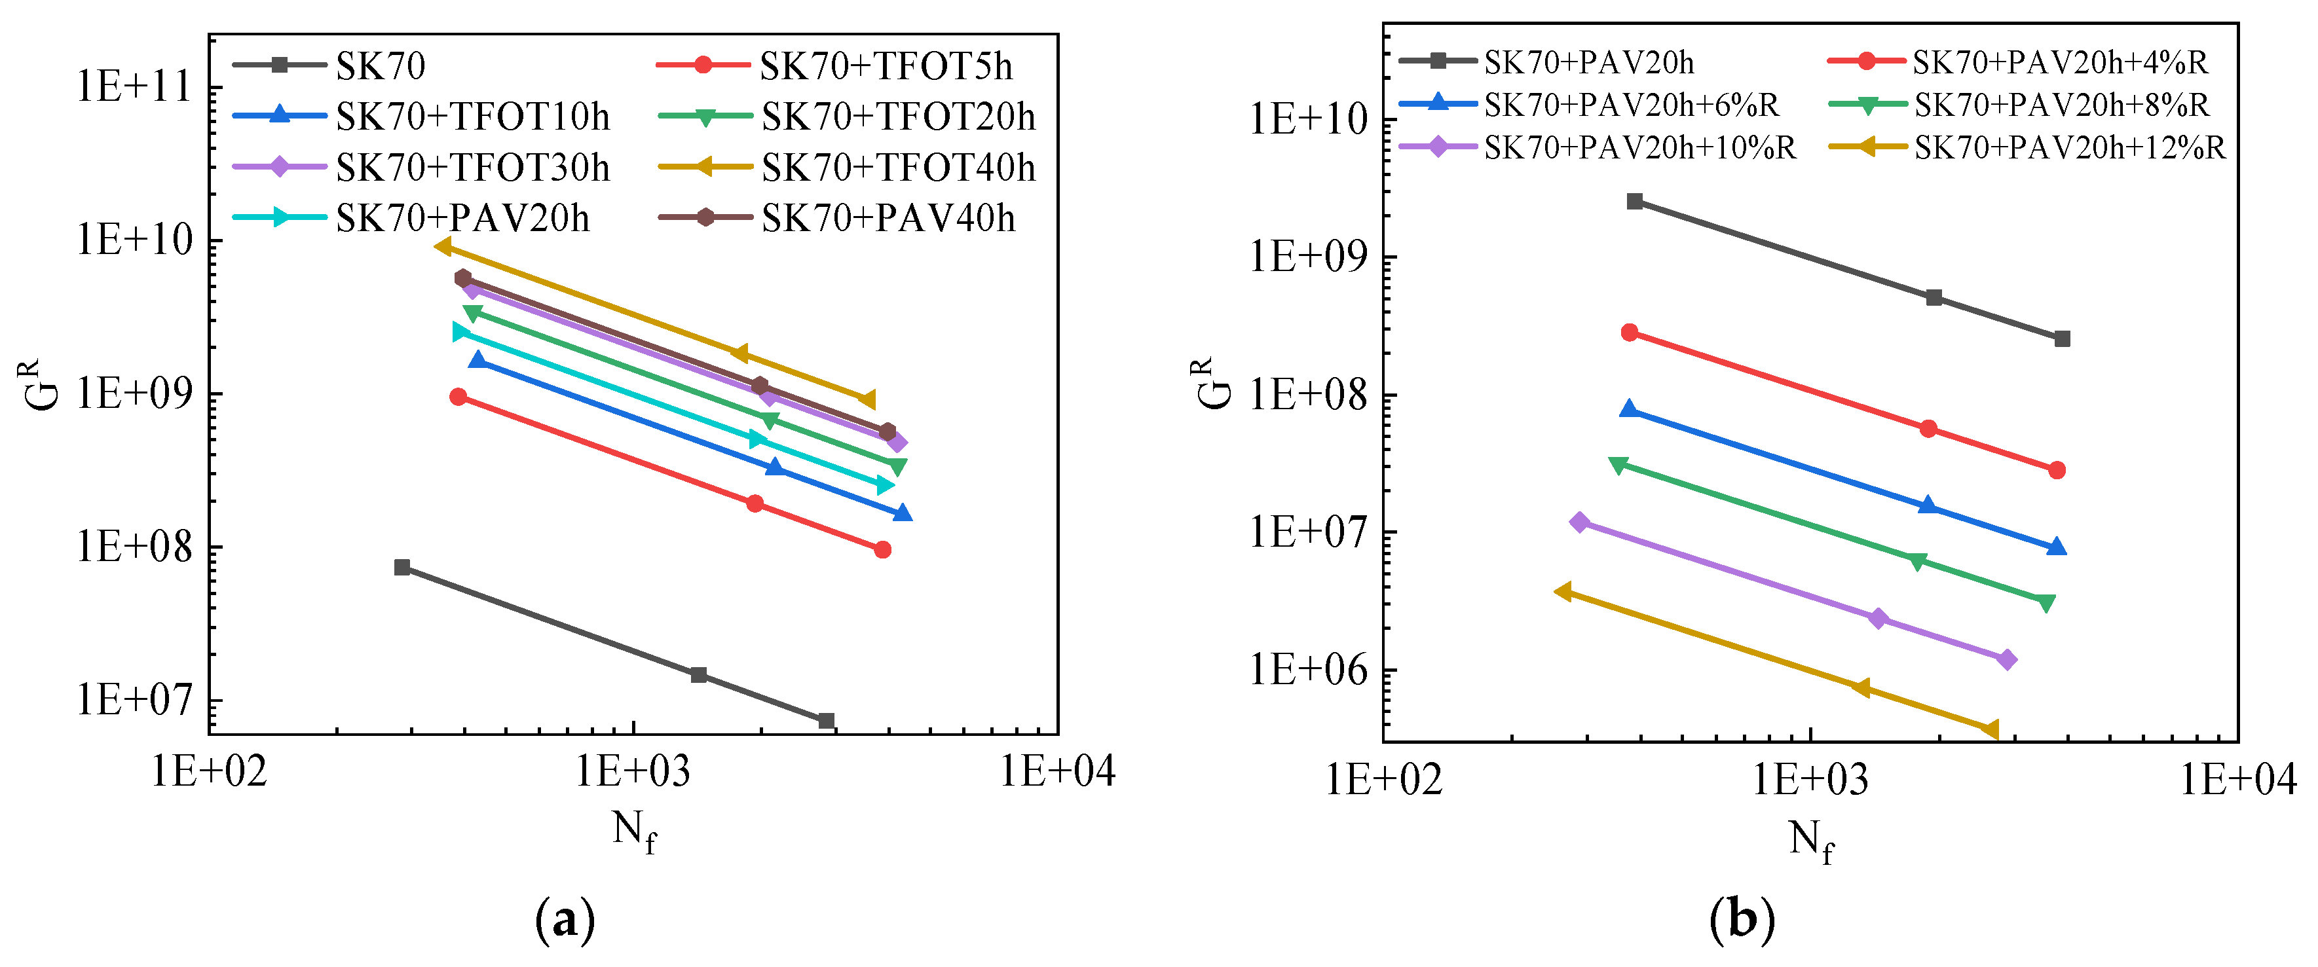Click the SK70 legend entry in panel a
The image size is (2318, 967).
coord(380,65)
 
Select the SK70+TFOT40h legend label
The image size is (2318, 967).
coord(897,168)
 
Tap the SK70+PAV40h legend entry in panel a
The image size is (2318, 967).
coord(888,219)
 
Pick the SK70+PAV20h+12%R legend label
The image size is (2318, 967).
coord(2068,147)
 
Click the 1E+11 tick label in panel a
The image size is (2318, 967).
coord(135,88)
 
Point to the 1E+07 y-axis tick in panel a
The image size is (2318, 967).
coord(135,700)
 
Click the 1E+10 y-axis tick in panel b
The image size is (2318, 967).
coord(1309,120)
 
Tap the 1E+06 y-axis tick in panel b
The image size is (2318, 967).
coord(1309,670)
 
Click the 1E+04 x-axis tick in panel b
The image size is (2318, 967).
coord(2237,779)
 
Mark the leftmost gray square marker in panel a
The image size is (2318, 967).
coord(402,568)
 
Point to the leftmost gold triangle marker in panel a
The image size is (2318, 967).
coord(443,246)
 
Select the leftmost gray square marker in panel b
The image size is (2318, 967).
coord(1635,202)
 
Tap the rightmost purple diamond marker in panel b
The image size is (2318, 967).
coord(2006,659)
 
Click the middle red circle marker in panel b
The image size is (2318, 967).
coord(1928,429)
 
